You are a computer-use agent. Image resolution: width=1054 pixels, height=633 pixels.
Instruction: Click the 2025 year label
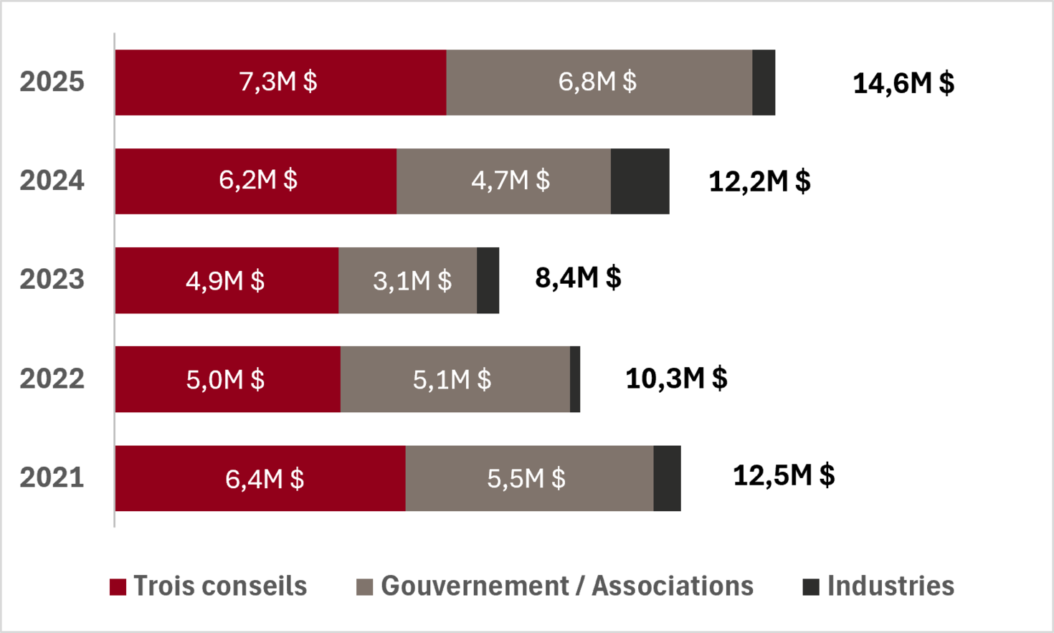(x=52, y=82)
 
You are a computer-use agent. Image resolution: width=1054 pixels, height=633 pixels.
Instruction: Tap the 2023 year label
(x=52, y=280)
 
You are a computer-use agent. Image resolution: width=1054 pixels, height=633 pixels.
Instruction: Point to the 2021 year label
(x=52, y=478)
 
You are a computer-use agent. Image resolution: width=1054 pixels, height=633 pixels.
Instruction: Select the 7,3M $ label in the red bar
(x=278, y=82)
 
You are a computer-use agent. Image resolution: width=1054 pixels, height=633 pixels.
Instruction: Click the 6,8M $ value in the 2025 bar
(x=597, y=82)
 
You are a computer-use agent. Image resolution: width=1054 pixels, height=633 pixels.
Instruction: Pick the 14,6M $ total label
(x=903, y=84)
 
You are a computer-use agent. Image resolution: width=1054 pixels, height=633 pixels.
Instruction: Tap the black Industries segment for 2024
(x=640, y=181)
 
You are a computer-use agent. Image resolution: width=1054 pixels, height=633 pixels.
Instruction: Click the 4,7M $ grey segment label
(x=511, y=181)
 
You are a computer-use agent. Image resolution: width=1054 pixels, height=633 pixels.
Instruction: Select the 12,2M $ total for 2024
(x=759, y=181)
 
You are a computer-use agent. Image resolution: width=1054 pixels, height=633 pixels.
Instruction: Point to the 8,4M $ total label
(x=578, y=277)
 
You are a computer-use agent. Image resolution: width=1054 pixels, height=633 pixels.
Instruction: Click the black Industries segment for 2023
(x=488, y=280)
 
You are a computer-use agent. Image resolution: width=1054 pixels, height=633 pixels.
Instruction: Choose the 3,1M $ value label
(x=412, y=281)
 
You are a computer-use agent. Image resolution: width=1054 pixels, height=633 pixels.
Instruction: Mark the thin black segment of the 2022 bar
(x=575, y=379)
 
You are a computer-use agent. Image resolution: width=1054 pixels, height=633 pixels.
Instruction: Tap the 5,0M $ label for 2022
(x=225, y=380)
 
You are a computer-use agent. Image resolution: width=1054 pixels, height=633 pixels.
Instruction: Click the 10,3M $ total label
(x=676, y=378)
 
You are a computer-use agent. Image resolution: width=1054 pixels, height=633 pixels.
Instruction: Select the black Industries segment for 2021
(x=668, y=478)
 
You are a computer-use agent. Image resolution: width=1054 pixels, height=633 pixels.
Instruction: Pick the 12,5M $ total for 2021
(x=784, y=475)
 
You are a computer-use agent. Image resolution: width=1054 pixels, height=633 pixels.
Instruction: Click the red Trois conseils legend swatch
(x=118, y=587)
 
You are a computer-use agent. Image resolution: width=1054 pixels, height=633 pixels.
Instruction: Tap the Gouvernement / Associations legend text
(x=567, y=586)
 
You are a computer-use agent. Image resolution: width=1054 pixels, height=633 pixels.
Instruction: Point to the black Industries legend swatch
(x=811, y=587)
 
